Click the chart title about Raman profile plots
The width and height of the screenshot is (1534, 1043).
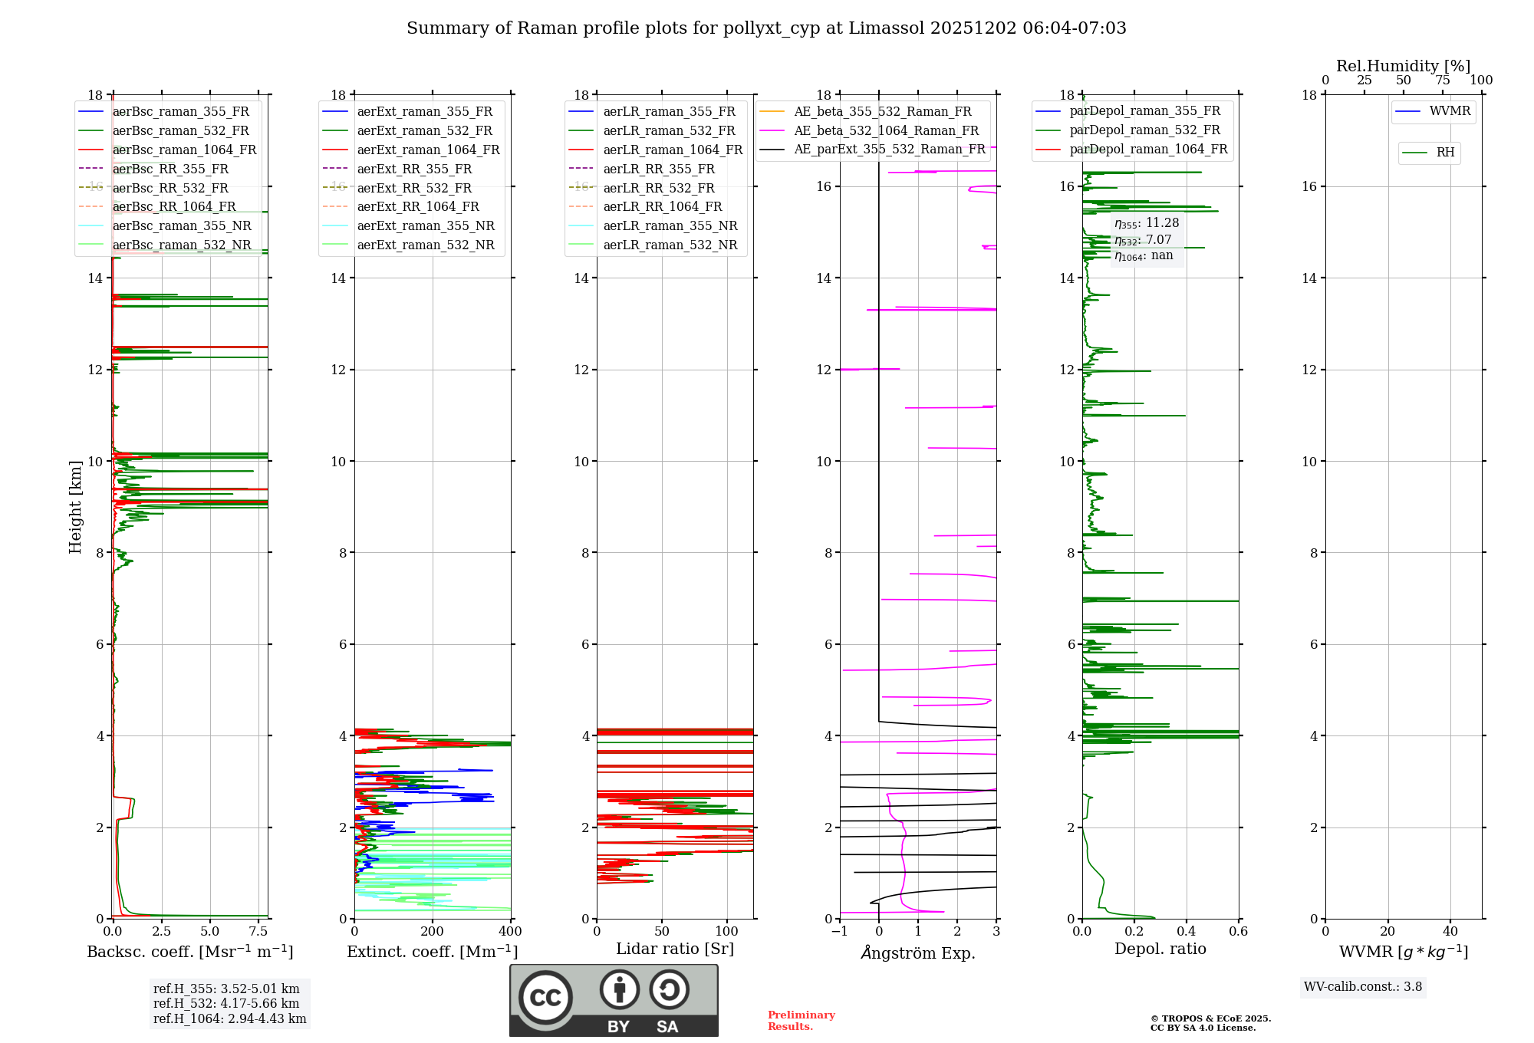coord(766,28)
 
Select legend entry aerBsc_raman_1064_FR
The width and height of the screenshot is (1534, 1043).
coord(184,150)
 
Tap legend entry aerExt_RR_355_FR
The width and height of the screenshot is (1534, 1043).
coord(414,169)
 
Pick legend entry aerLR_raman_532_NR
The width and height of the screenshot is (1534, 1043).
coord(670,245)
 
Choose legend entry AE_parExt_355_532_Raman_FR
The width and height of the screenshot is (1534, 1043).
coord(889,149)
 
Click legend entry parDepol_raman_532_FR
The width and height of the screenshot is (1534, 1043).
coord(1144,130)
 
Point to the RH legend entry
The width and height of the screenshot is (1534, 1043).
coord(1445,153)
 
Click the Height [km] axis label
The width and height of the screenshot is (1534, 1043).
coord(75,506)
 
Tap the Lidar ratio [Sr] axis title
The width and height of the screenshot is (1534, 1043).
coord(675,949)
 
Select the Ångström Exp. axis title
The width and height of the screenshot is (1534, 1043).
coord(918,953)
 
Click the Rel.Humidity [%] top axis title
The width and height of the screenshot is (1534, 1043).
coord(1403,66)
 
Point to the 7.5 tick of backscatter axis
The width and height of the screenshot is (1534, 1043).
coord(258,932)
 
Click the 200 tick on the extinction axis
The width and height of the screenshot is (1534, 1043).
coord(433,932)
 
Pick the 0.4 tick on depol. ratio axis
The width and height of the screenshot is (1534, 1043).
coord(1187,932)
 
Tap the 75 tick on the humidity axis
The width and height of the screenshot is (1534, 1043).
coord(1442,81)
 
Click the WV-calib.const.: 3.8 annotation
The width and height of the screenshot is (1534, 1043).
coord(1363,987)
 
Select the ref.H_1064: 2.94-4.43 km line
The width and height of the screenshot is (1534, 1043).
coord(229,1019)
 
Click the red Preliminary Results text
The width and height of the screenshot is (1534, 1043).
coord(801,1021)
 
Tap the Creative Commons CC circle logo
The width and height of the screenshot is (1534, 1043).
coord(545,998)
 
